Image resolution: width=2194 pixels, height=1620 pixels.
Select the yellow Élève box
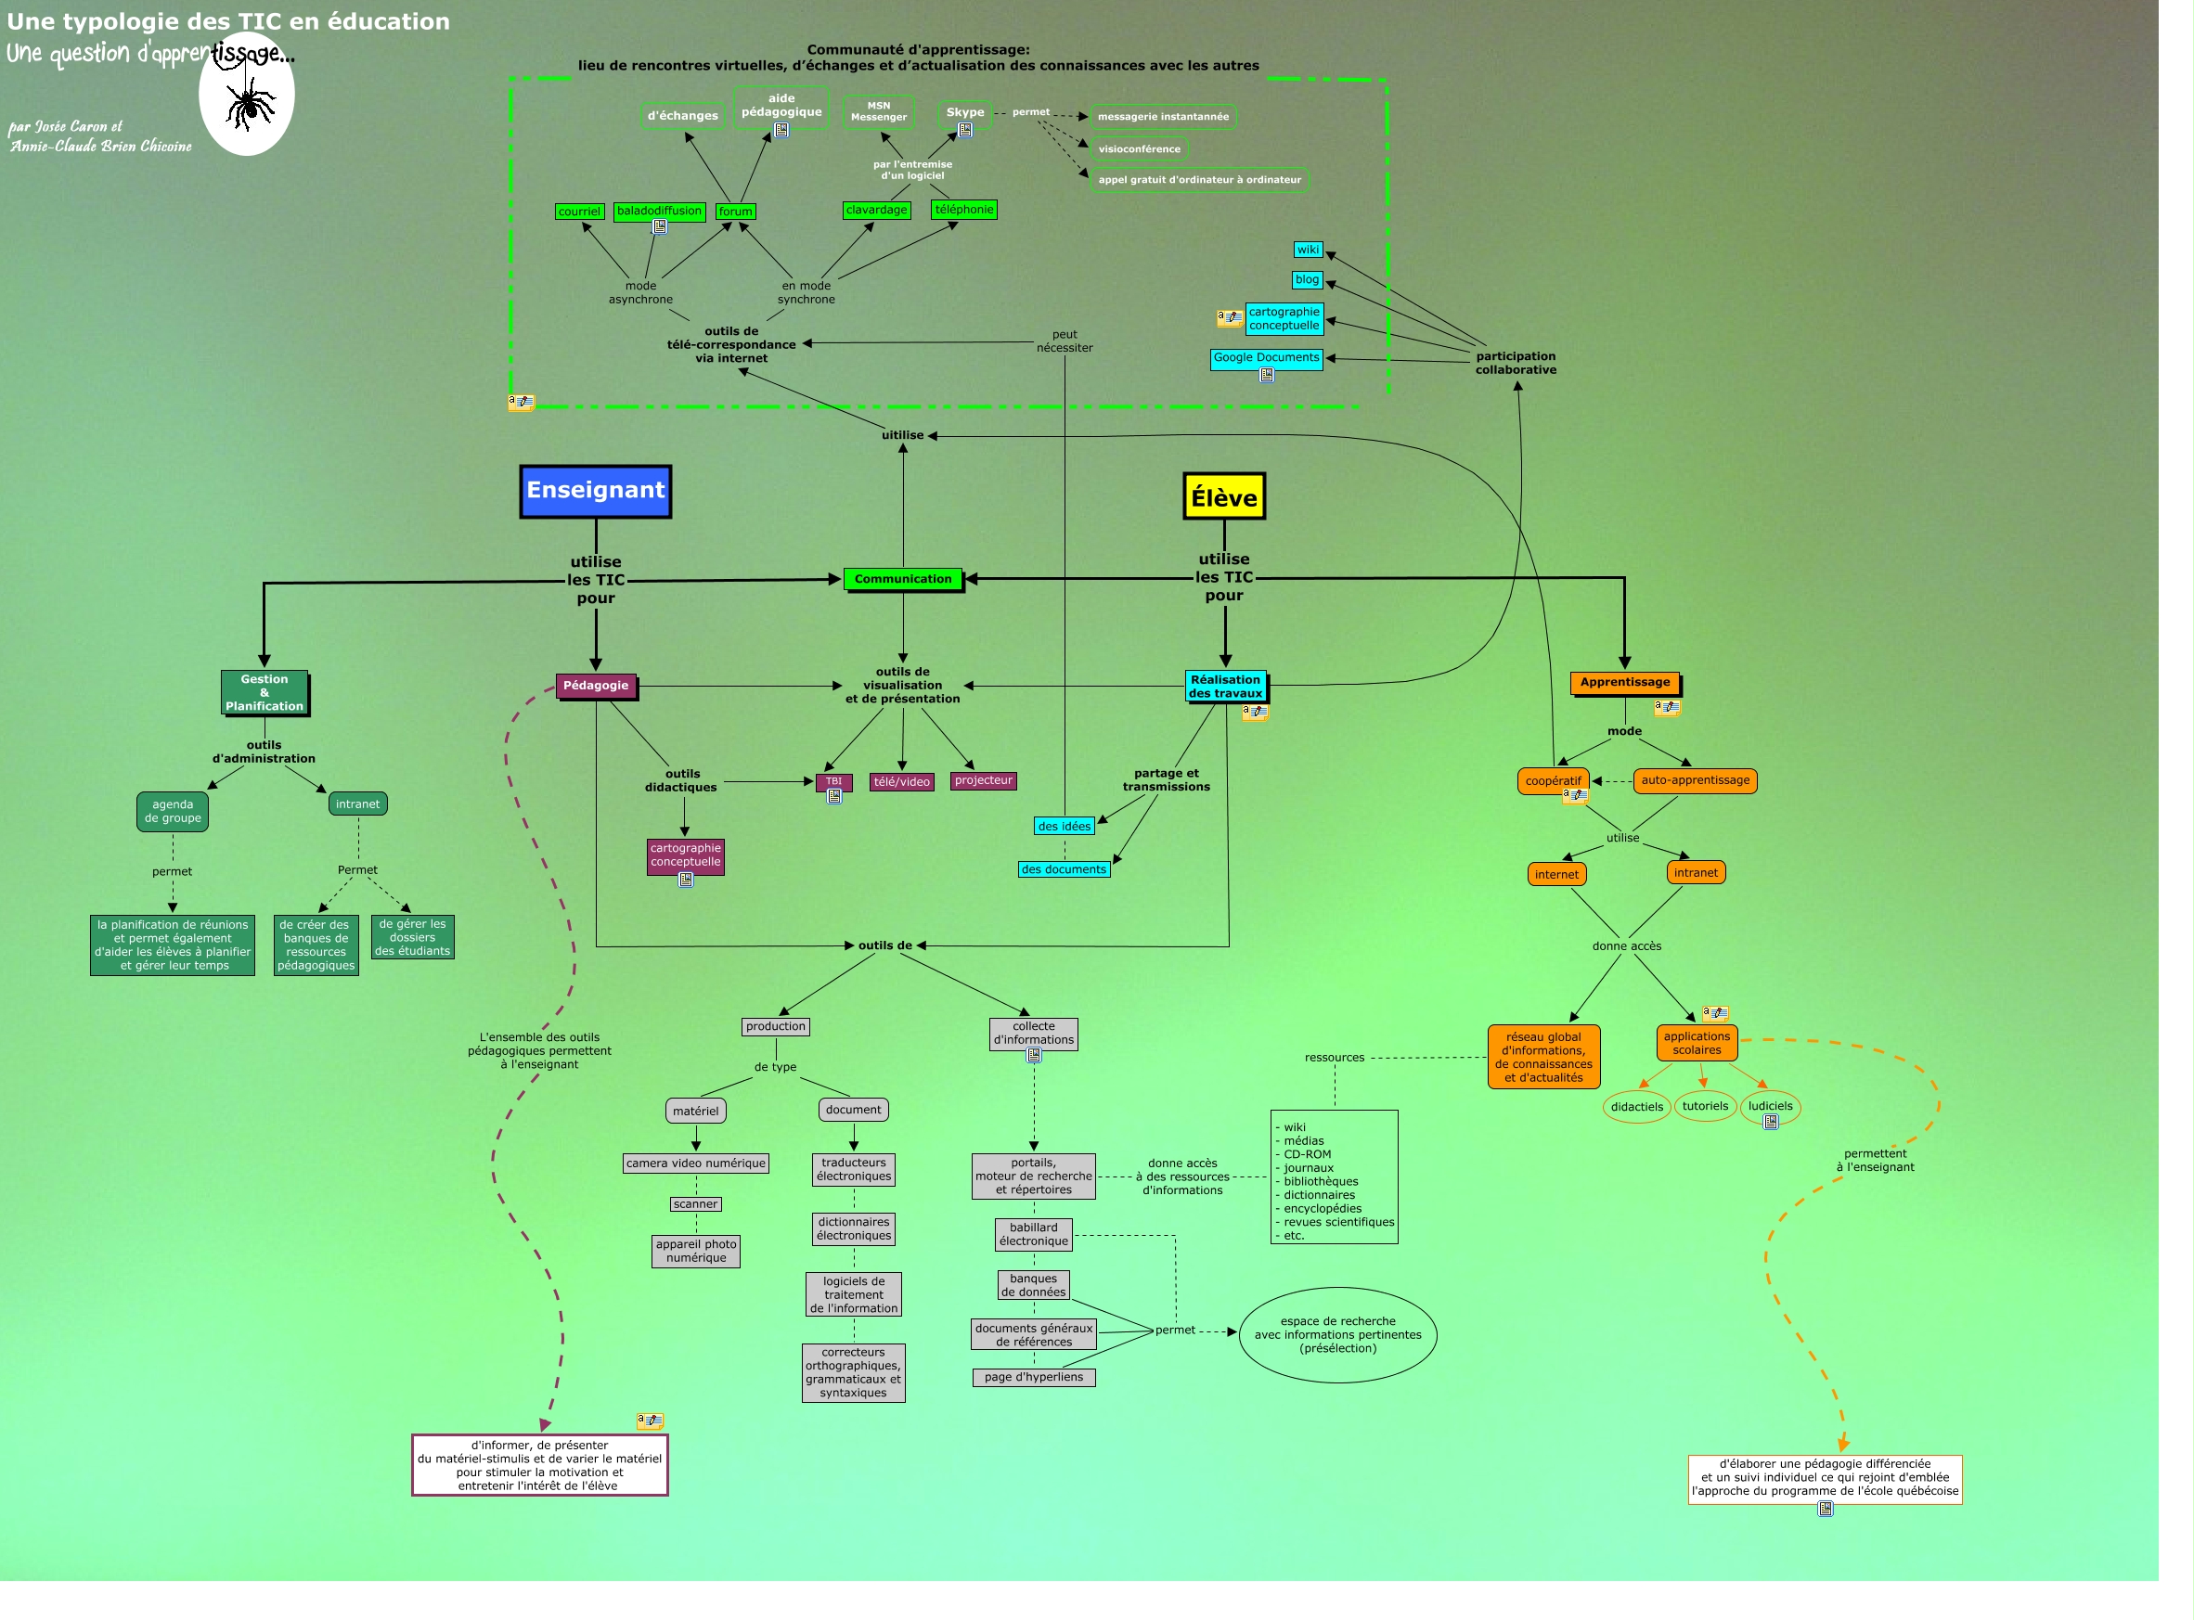pyautogui.click(x=1223, y=497)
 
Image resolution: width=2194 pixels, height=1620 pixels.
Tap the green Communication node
pyautogui.click(x=902, y=580)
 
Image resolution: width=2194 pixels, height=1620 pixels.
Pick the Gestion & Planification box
pyautogui.click(x=264, y=692)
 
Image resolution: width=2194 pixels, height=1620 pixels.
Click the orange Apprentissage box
pyautogui.click(x=1624, y=683)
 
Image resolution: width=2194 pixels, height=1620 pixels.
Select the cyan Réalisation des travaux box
pyautogui.click(x=1225, y=687)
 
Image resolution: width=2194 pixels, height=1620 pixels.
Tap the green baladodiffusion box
pyautogui.click(x=659, y=211)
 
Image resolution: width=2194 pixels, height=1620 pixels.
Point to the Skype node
pyautogui.click(x=965, y=113)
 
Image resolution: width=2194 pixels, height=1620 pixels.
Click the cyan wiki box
pyautogui.click(x=1308, y=251)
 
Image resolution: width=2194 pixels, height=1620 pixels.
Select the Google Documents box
pyautogui.click(x=1266, y=358)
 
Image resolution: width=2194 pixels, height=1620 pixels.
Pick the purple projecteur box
pyautogui.click(x=983, y=780)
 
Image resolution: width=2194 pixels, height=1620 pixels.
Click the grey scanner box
pyautogui.click(x=695, y=1204)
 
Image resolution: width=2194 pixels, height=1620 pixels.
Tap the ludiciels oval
pyautogui.click(x=1769, y=1106)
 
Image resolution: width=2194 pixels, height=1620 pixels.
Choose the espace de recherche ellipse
pyautogui.click(x=1336, y=1334)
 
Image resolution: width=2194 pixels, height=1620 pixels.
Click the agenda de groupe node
pyautogui.click(x=173, y=811)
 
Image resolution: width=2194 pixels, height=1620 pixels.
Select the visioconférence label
pyautogui.click(x=1139, y=149)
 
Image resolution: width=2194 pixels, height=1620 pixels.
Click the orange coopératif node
pyautogui.click(x=1553, y=781)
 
